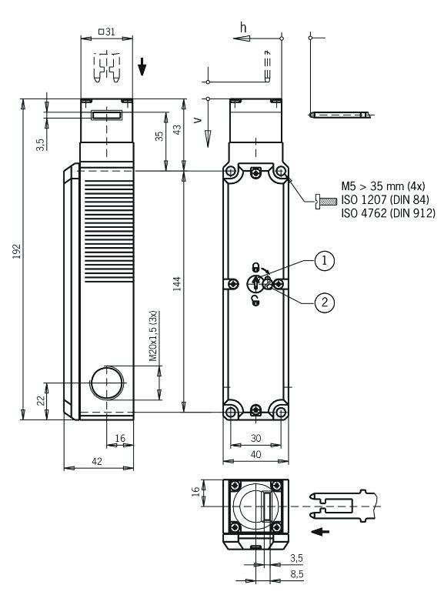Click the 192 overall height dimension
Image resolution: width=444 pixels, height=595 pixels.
(17, 251)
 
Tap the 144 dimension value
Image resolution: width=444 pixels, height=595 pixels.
(177, 284)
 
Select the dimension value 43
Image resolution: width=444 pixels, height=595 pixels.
(177, 130)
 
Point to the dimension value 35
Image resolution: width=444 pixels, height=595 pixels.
(159, 135)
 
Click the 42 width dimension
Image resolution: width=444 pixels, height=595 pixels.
(97, 461)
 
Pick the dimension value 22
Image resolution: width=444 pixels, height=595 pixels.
(41, 400)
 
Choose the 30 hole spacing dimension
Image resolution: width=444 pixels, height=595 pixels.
(256, 438)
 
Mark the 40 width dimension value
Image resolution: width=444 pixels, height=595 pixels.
(256, 454)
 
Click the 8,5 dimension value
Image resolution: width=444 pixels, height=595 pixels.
(297, 574)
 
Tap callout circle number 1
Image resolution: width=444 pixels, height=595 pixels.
(325, 261)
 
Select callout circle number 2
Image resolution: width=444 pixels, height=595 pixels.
(325, 302)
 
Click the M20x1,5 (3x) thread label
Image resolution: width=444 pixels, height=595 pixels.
(153, 336)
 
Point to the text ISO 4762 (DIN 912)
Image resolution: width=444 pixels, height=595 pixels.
(388, 213)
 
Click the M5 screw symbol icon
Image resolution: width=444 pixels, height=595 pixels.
(326, 200)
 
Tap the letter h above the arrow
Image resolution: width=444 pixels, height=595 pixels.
(243, 27)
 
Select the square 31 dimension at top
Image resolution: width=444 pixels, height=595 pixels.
(107, 32)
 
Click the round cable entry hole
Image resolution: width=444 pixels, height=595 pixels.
(108, 383)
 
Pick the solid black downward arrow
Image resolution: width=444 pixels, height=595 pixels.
(142, 66)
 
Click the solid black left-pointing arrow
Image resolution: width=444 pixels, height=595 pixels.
(320, 532)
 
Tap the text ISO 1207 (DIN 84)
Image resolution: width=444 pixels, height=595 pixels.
(385, 199)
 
